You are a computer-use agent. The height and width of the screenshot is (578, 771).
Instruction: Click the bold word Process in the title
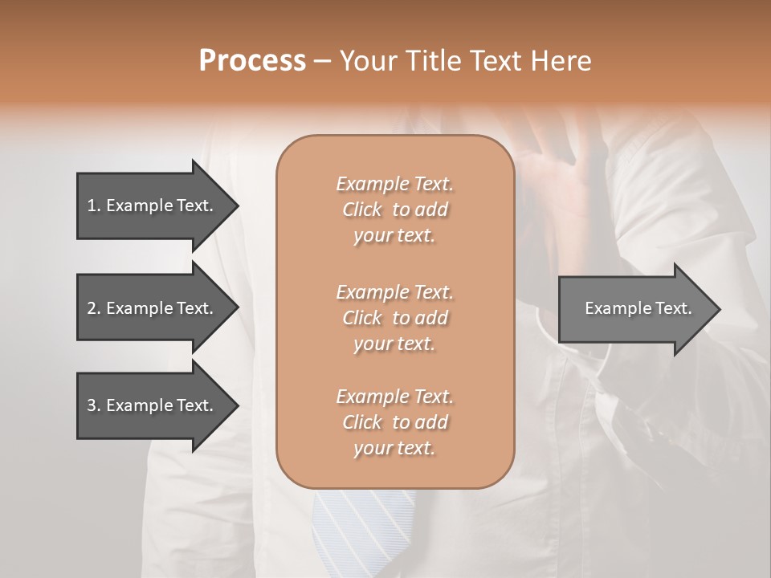tap(252, 61)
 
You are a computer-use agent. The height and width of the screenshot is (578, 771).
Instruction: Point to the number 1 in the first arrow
tap(91, 206)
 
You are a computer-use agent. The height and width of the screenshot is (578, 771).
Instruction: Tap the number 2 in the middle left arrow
tap(91, 308)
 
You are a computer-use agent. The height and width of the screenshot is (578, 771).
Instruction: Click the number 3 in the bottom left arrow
tap(91, 405)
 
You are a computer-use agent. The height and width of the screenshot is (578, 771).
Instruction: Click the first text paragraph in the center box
tap(394, 210)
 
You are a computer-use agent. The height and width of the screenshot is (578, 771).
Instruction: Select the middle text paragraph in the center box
tap(394, 317)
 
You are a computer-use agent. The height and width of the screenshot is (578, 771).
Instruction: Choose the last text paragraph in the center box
tap(394, 422)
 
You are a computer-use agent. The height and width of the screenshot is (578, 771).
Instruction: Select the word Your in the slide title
tap(365, 61)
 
